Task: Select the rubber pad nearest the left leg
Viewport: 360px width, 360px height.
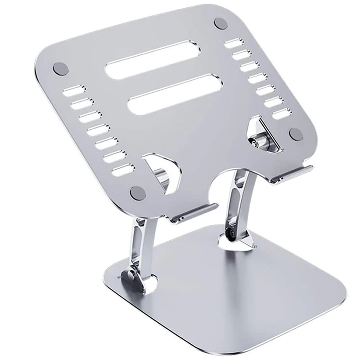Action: (x=135, y=192)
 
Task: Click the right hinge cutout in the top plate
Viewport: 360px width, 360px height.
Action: (x=261, y=133)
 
